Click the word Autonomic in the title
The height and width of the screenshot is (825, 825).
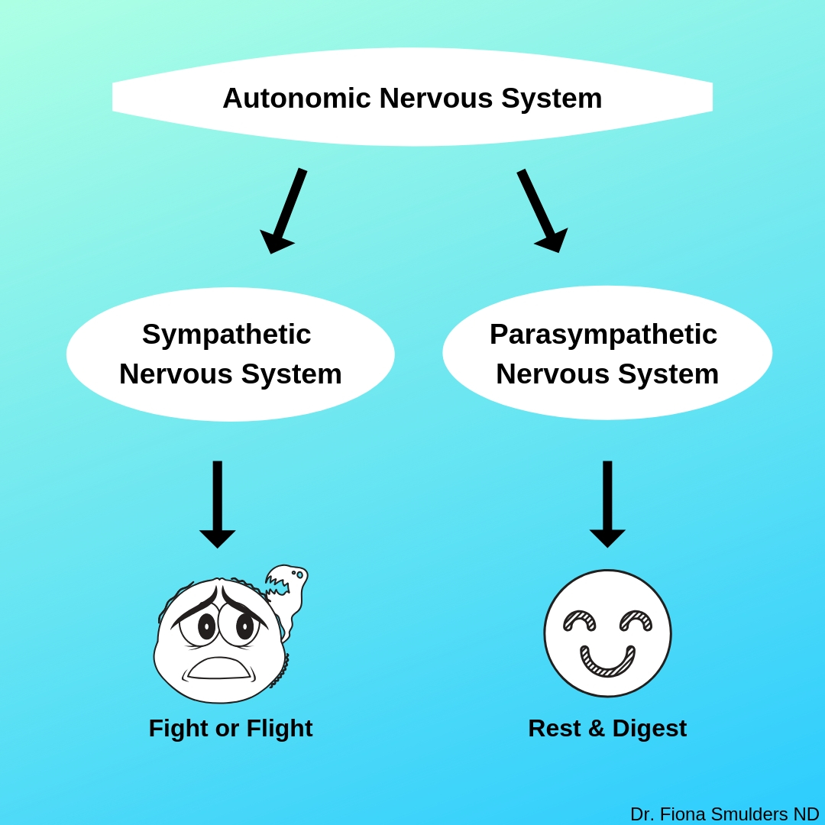click(x=296, y=99)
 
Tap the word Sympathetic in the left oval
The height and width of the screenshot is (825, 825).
click(x=226, y=335)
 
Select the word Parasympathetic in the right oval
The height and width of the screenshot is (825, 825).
click(x=603, y=335)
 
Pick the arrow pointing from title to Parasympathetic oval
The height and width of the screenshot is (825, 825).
click(x=542, y=211)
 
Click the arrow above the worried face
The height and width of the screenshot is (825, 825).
click(x=217, y=504)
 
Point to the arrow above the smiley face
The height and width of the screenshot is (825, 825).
click(x=607, y=504)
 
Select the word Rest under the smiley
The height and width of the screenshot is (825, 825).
click(x=555, y=729)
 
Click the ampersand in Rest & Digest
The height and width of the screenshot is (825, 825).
click(x=597, y=729)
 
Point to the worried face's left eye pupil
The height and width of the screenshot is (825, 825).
click(x=207, y=627)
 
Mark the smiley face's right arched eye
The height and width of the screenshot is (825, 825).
click(x=636, y=619)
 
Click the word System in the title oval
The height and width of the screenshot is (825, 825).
click(x=552, y=99)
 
